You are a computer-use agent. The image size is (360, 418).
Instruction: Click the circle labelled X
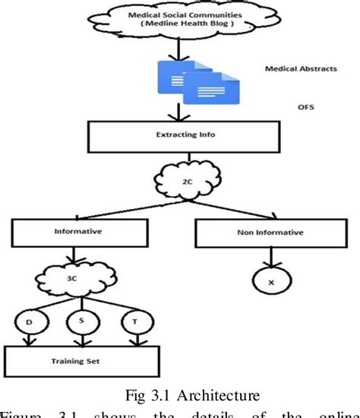[x=272, y=283]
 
